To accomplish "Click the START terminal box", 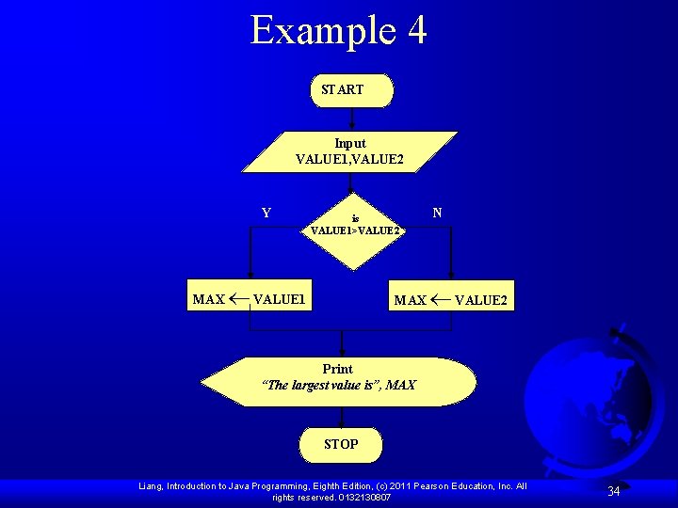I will tap(351, 90).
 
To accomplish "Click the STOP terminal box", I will tap(341, 444).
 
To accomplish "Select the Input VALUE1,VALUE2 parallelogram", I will tap(350, 151).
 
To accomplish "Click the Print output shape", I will tap(339, 382).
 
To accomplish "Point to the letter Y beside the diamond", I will tap(266, 213).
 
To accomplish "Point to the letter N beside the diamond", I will tap(437, 213).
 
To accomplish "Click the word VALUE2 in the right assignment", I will tap(481, 301).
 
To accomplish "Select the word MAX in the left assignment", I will tap(208, 300).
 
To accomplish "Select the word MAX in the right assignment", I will tap(410, 301).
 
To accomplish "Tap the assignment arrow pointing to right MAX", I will tap(440, 301).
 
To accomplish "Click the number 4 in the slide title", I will tap(416, 30).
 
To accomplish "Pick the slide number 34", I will tap(613, 491).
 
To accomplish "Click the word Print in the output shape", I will tap(337, 369).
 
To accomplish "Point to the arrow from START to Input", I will tap(351, 119).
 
